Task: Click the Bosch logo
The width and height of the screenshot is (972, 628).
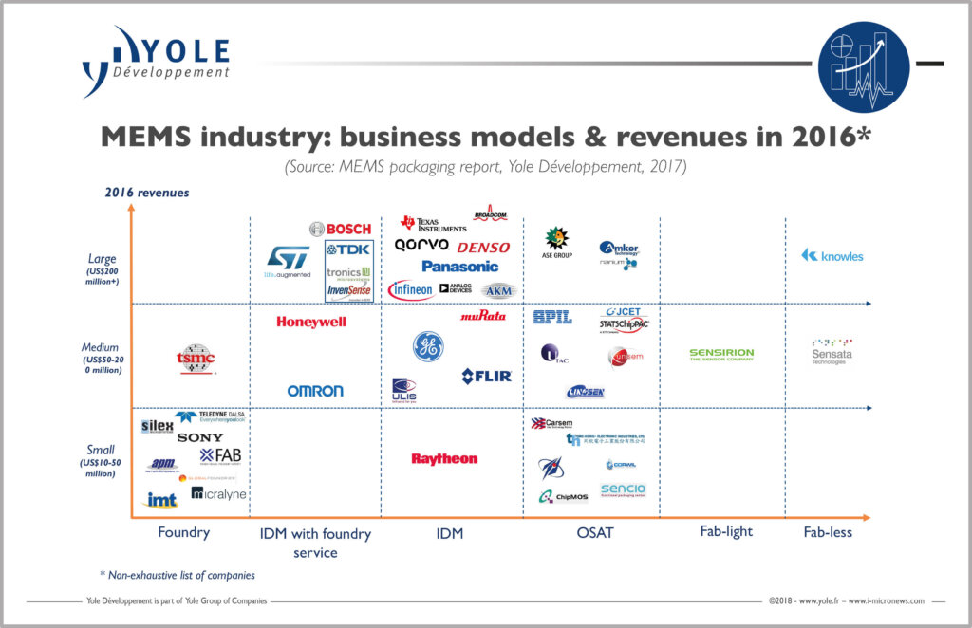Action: pyautogui.click(x=341, y=229)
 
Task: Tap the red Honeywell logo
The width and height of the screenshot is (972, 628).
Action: pyautogui.click(x=311, y=322)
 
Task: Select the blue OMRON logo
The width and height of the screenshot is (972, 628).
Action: pyautogui.click(x=315, y=391)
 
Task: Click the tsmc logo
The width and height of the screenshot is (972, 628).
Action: pyautogui.click(x=195, y=358)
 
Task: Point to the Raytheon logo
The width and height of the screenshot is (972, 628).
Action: pyautogui.click(x=444, y=459)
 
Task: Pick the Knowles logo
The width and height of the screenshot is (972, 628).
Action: pyautogui.click(x=832, y=255)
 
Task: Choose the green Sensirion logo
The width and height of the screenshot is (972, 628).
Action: pyautogui.click(x=721, y=354)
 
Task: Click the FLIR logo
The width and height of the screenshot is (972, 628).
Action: pyautogui.click(x=487, y=377)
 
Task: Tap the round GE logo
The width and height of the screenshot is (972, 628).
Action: pyautogui.click(x=428, y=346)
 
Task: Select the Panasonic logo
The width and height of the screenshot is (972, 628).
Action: pyautogui.click(x=460, y=267)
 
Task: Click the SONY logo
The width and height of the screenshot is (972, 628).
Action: pyautogui.click(x=200, y=437)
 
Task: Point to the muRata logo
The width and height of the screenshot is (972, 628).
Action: pyautogui.click(x=483, y=316)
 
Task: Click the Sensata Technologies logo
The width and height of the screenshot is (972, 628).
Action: pyautogui.click(x=832, y=352)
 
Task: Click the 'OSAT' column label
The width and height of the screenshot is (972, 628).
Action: pyautogui.click(x=595, y=533)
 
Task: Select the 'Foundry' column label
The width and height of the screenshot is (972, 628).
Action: pyautogui.click(x=183, y=532)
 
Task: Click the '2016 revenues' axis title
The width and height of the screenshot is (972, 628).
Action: pyautogui.click(x=147, y=193)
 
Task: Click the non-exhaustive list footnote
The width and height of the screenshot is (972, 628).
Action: pyautogui.click(x=178, y=575)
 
